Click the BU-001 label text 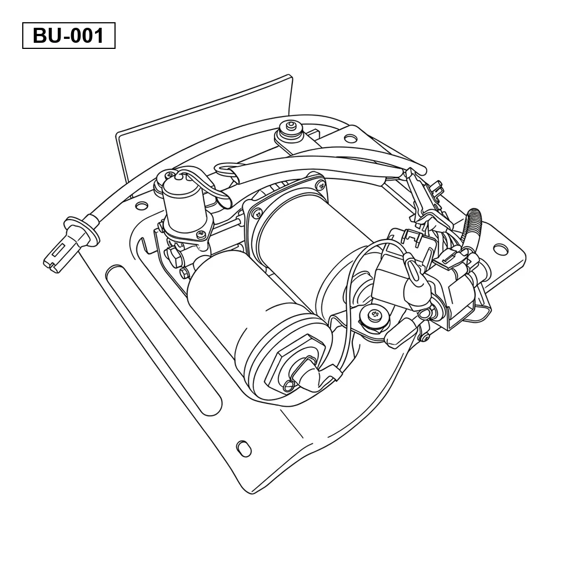click(x=68, y=36)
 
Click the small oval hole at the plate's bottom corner click(x=243, y=448)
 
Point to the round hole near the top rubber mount click(x=351, y=138)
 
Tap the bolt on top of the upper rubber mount click(x=290, y=126)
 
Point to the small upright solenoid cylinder click(x=180, y=202)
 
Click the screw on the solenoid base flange click(x=202, y=235)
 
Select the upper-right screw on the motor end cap click(x=320, y=185)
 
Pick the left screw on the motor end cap click(x=257, y=213)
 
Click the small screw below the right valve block click(x=425, y=338)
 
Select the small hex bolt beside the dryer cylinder click(x=184, y=273)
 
